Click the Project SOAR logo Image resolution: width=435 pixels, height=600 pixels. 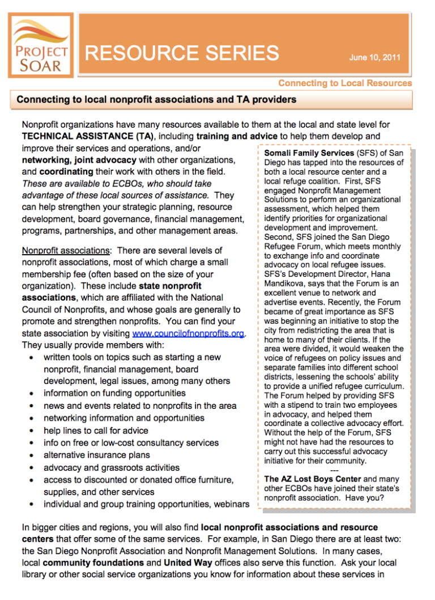tap(41, 45)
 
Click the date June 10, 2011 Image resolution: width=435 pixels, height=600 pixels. tap(375, 57)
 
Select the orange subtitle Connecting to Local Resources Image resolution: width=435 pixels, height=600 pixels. tap(345, 83)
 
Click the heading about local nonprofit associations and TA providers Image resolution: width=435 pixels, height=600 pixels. tap(156, 100)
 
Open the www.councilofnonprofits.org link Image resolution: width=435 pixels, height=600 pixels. tap(188, 333)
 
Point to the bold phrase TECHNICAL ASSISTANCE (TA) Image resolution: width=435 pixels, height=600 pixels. tap(88, 136)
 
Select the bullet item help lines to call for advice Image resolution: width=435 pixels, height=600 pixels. tap(96, 430)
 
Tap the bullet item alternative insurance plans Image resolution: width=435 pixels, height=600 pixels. tap(97, 455)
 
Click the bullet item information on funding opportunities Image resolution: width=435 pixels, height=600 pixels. tap(114, 393)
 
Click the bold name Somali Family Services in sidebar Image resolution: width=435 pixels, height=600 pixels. tap(309, 154)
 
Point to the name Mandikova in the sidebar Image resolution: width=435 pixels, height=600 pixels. tap(289, 284)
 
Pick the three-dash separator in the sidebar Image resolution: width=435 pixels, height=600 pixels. tap(334, 470)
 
